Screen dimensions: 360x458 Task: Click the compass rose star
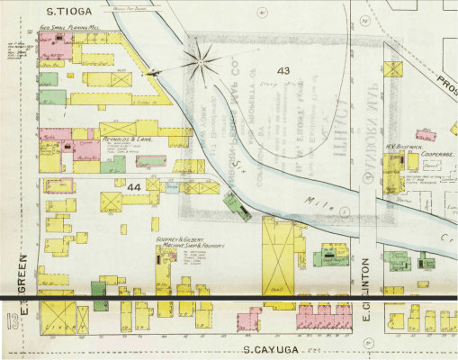pos(201,64)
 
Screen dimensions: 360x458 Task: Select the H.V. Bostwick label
pos(398,147)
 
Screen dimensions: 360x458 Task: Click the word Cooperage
pos(436,154)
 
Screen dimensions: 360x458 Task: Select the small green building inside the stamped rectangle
pos(236,206)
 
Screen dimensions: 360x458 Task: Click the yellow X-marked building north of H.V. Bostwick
pos(392,68)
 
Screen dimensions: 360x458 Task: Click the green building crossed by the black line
pos(99,293)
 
